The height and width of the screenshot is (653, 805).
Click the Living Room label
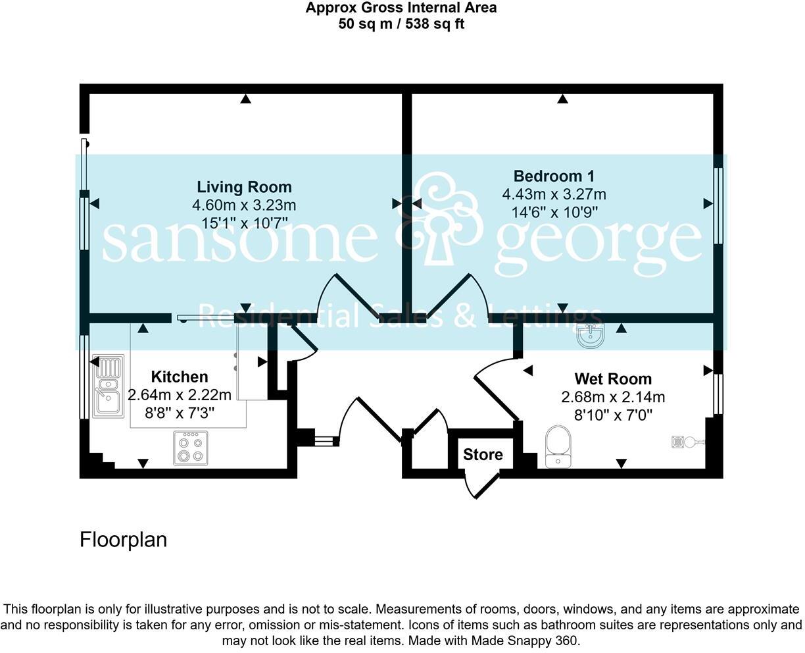244,187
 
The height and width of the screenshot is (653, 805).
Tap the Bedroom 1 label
554,176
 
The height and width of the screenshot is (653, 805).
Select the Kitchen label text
180,377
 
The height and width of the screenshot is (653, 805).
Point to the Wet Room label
613,379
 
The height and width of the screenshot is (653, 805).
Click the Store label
483,454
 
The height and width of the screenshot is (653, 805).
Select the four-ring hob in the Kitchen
191,448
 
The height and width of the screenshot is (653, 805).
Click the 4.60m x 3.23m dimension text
244,205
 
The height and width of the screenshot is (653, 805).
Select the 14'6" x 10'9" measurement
554,212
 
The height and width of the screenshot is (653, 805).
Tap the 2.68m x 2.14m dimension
613,397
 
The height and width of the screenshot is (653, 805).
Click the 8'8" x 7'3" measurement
180,413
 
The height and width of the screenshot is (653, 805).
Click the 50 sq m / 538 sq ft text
401,24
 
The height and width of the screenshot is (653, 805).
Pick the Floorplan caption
123,540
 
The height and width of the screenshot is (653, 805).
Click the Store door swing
479,484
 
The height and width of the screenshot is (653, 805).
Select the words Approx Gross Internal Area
401,8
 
